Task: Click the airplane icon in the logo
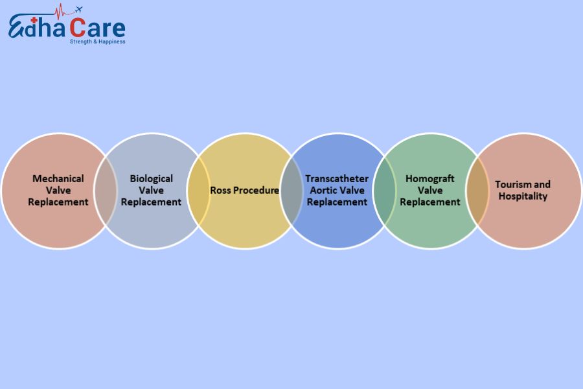click(78, 10)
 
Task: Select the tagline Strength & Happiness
click(98, 41)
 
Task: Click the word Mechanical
click(58, 178)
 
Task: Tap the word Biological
click(151, 178)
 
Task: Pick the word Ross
click(221, 191)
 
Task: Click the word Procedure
click(256, 191)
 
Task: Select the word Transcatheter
click(337, 178)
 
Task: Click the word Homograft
click(430, 178)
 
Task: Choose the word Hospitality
click(523, 196)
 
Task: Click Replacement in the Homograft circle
click(430, 202)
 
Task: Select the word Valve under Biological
click(151, 190)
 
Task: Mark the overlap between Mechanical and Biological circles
click(106, 191)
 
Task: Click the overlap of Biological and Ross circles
click(199, 191)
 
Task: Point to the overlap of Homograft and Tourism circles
click(477, 191)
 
